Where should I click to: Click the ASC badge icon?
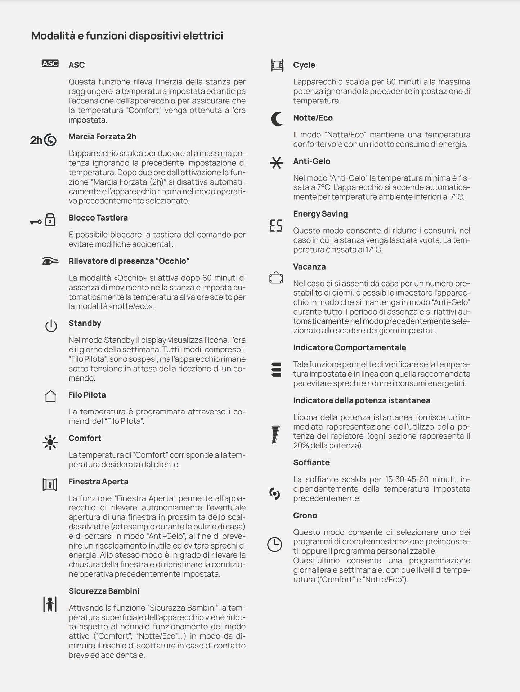click(50, 64)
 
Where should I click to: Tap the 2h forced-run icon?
click(43, 140)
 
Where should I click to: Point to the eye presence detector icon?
click(50, 261)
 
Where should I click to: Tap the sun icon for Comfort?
click(50, 442)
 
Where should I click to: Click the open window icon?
click(50, 485)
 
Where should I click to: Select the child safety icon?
click(50, 604)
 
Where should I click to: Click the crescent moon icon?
click(277, 119)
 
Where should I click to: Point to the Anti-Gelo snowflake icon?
click(276, 163)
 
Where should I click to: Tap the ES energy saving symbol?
click(276, 226)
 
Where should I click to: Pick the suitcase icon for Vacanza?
click(276, 278)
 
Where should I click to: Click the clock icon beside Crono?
click(275, 544)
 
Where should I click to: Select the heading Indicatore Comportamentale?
click(349, 347)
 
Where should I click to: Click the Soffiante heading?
click(311, 462)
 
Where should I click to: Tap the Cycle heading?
click(304, 65)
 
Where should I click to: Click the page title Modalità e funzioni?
click(127, 36)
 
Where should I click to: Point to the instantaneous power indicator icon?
click(276, 435)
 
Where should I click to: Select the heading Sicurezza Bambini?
click(104, 591)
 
